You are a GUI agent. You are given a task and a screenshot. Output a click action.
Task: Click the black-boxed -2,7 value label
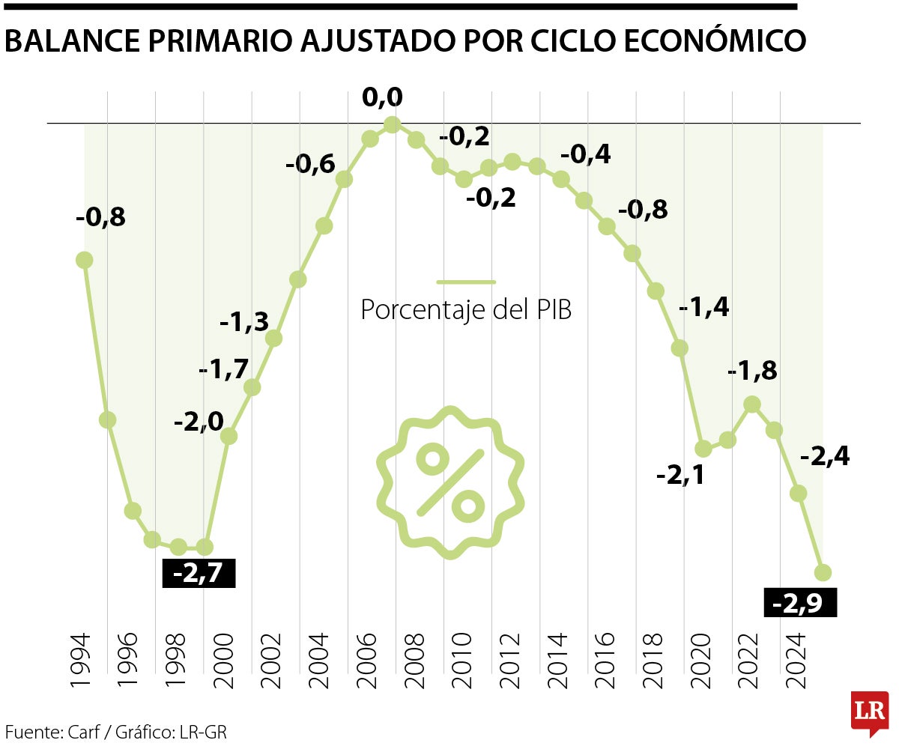coord(199,573)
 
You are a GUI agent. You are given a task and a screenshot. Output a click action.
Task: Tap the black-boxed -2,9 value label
coord(799,603)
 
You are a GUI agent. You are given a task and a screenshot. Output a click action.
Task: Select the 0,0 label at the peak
coord(382,97)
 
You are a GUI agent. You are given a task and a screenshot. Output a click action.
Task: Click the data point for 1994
coord(84,260)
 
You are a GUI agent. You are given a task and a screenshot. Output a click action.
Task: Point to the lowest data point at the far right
coord(823,572)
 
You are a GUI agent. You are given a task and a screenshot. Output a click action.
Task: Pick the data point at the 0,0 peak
coord(392,124)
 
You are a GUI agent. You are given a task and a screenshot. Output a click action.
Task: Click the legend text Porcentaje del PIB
coord(466,309)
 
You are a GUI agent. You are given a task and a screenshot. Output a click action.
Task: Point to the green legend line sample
coord(466,282)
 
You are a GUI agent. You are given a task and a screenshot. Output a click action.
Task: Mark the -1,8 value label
coord(753,371)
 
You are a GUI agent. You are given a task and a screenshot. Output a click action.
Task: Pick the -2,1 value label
coord(680,475)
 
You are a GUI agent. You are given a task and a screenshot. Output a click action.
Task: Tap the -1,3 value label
coord(243,322)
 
